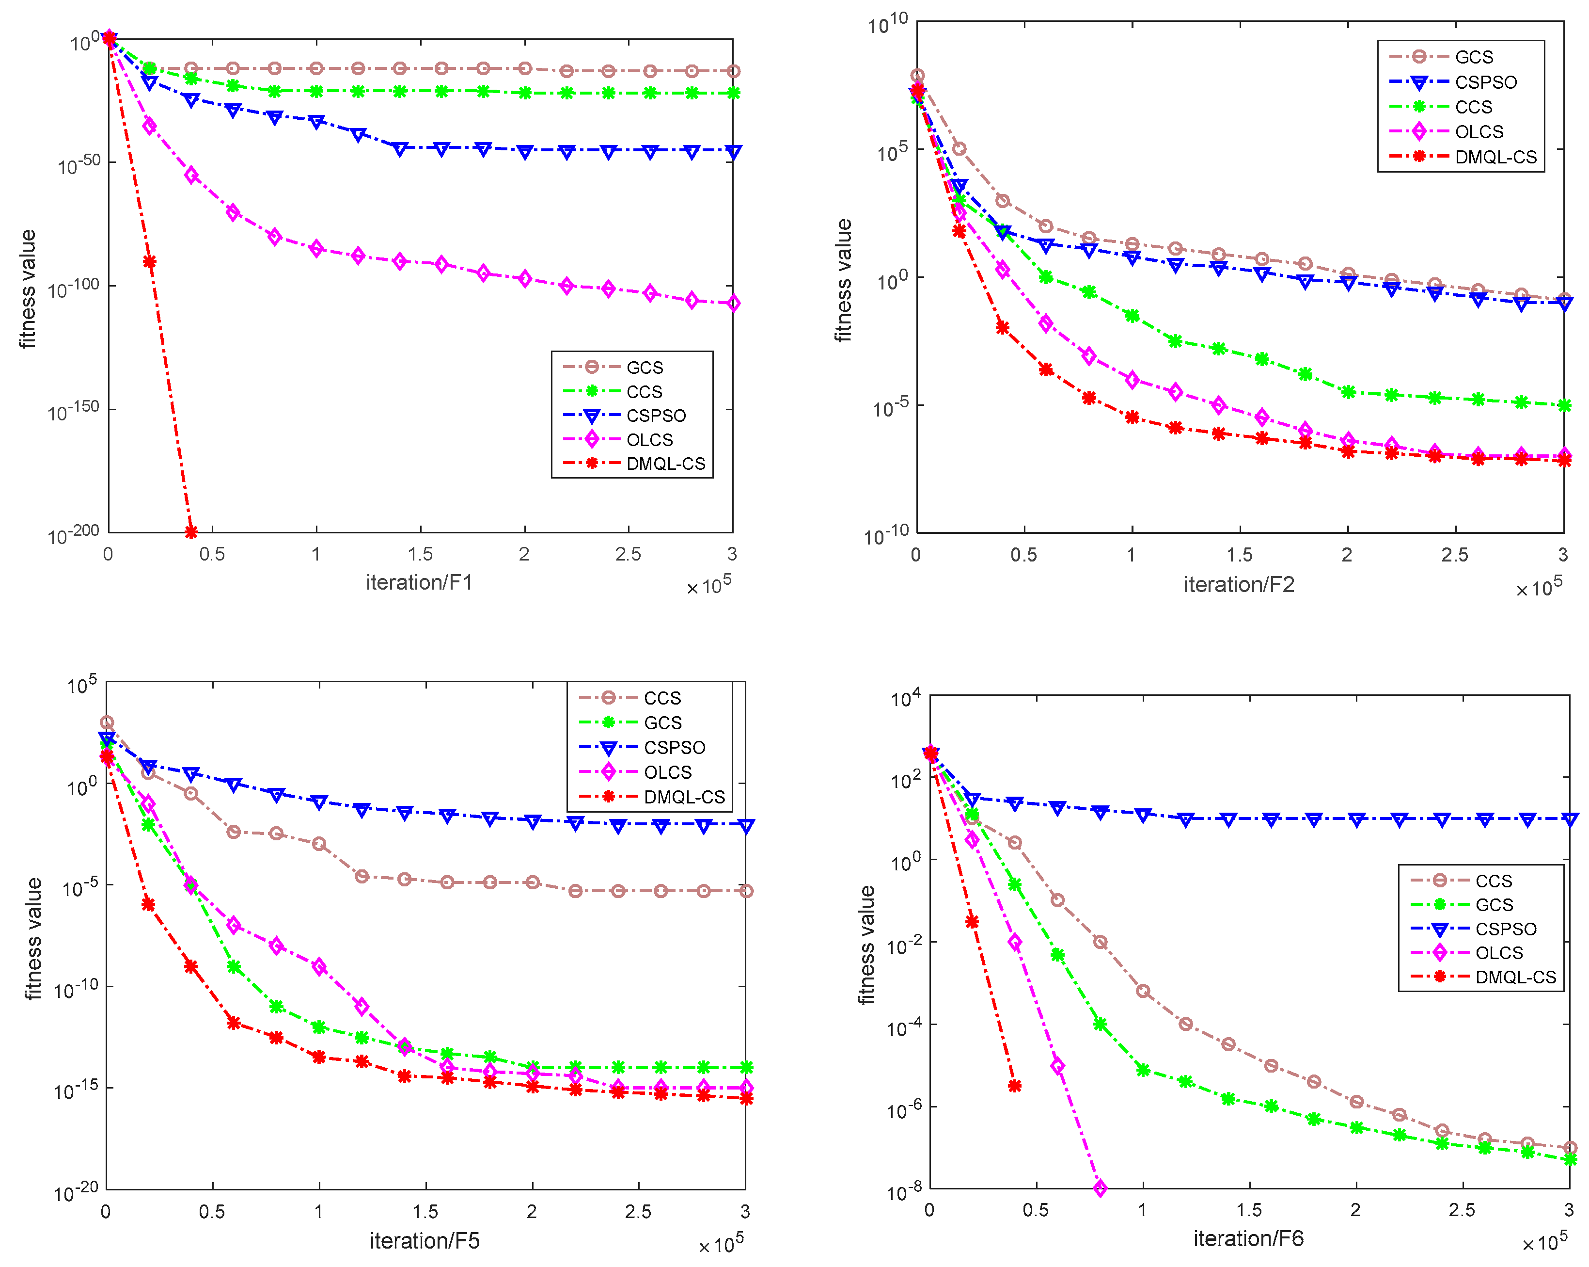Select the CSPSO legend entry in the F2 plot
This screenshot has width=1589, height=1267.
point(1485,82)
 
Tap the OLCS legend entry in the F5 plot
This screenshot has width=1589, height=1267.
point(667,772)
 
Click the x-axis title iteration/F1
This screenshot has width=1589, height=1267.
point(419,583)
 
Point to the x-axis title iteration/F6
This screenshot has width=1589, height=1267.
point(1248,1238)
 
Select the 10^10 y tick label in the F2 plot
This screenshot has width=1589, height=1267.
point(888,24)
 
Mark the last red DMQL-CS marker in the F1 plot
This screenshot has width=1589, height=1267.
point(191,532)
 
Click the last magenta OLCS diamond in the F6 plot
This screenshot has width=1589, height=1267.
point(1100,1188)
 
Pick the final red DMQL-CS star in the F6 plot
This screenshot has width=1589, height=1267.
point(1015,1086)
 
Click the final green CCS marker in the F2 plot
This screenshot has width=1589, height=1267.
point(1564,406)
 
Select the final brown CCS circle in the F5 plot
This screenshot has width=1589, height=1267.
point(746,891)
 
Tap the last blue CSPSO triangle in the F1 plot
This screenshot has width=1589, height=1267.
point(733,152)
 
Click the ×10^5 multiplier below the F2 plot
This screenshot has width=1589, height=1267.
point(1539,588)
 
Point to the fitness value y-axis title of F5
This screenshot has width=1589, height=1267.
point(32,938)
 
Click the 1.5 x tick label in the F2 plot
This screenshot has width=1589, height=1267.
point(1240,555)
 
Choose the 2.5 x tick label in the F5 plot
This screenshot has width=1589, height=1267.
point(638,1212)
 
